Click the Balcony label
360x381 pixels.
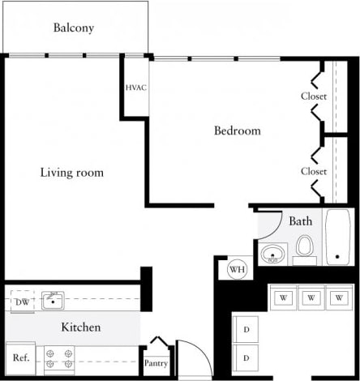[74, 28]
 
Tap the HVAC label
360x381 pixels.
[135, 88]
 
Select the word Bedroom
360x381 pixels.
[237, 131]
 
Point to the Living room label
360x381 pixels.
[72, 173]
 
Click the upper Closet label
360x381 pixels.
[313, 96]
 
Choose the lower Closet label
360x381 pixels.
[313, 171]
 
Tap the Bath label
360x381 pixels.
[300, 220]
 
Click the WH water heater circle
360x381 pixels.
[237, 269]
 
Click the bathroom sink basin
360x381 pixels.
[273, 254]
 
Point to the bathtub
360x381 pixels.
[337, 238]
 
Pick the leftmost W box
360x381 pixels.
[284, 298]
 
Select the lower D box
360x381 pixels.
[246, 357]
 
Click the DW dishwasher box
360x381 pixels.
[21, 302]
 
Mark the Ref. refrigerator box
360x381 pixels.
[20, 357]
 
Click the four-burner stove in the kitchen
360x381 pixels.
[58, 357]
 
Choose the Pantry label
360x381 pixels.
[156, 363]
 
